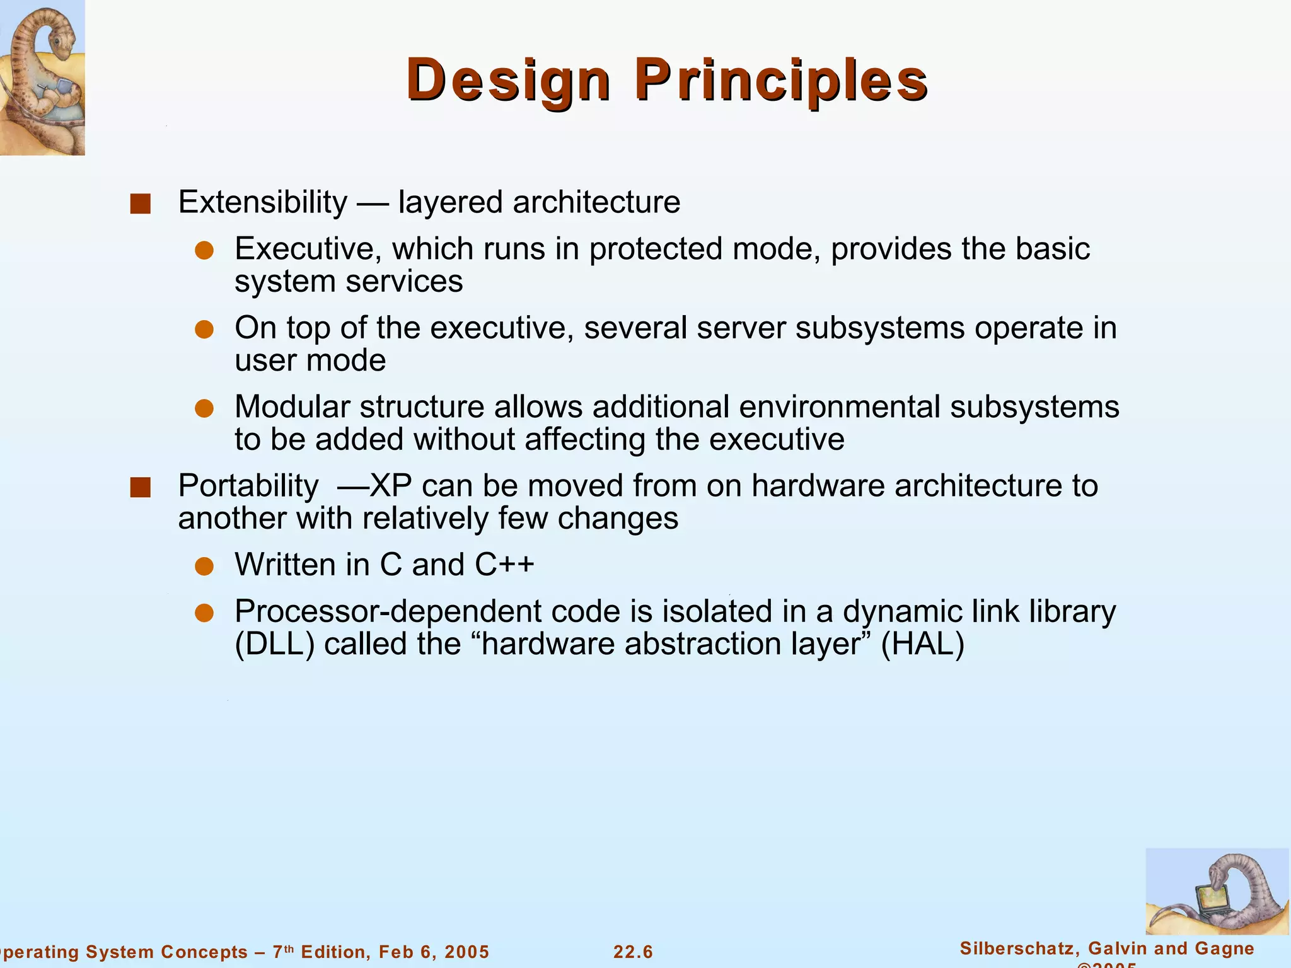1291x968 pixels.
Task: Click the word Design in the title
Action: tap(508, 81)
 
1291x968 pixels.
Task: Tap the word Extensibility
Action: tap(262, 202)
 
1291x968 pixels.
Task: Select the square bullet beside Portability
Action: tap(140, 487)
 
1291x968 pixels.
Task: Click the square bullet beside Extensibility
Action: tap(140, 204)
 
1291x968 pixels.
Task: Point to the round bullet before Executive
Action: tap(204, 251)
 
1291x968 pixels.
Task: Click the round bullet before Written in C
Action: tap(204, 566)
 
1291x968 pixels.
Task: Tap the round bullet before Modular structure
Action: tap(204, 408)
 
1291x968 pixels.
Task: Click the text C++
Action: tap(504, 564)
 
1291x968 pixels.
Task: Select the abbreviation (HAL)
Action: tap(922, 644)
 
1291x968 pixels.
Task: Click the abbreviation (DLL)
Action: tap(274, 644)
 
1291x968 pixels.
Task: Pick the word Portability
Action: tap(248, 486)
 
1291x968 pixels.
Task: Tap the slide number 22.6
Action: tap(633, 952)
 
